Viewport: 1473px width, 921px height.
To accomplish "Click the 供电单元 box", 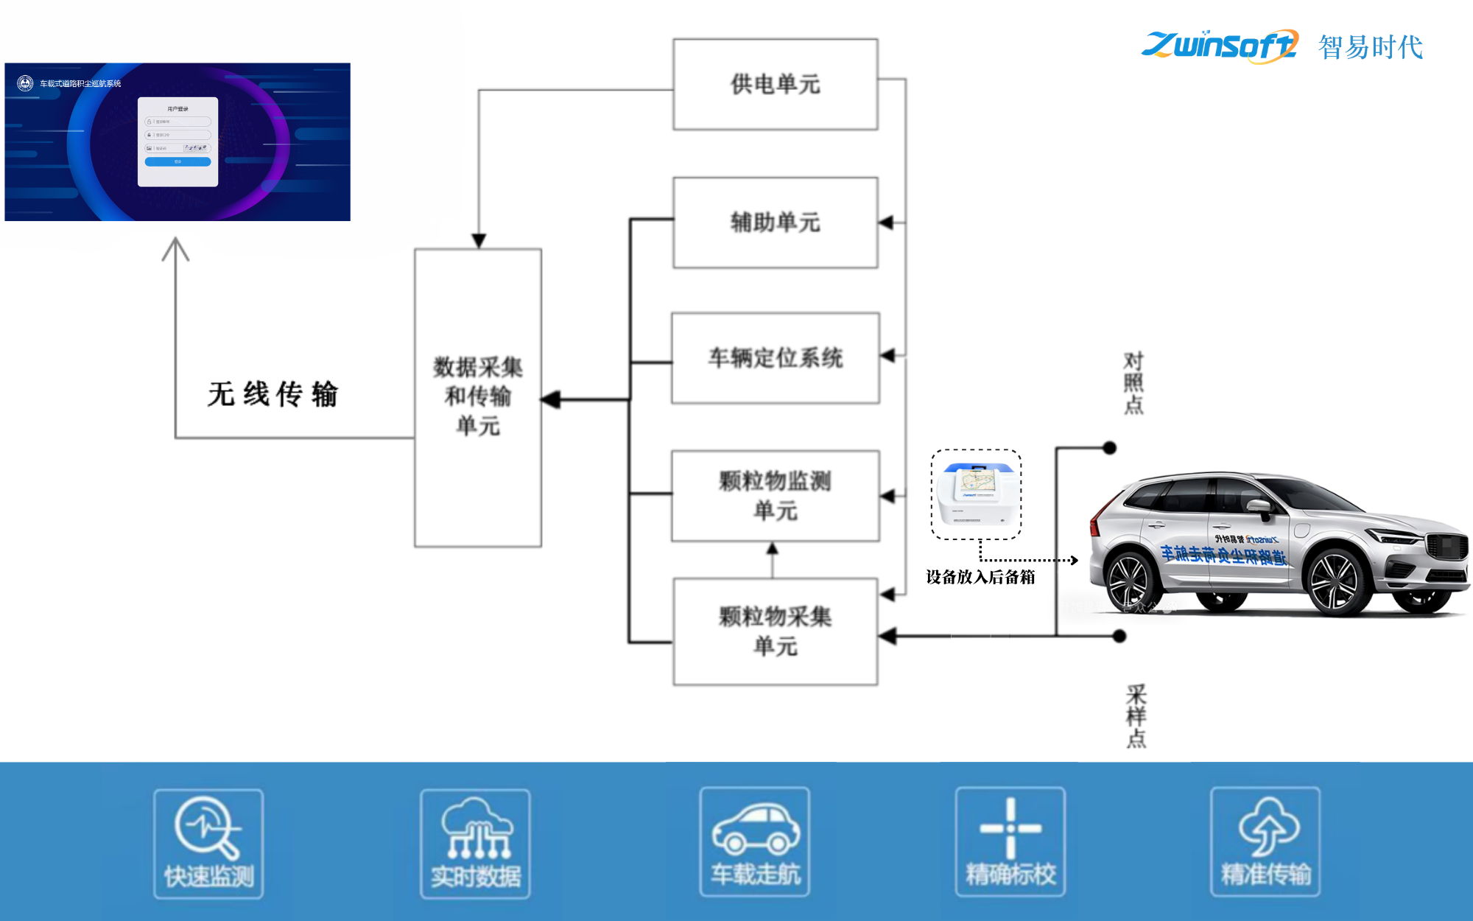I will point(775,84).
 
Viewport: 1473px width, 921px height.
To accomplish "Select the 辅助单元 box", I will point(775,222).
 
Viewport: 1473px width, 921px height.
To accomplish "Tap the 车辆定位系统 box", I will point(775,358).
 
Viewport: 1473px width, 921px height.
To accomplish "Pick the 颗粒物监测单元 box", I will point(775,495).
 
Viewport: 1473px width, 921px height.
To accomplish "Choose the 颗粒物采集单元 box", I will point(775,631).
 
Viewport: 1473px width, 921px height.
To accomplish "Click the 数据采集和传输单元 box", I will point(478,397).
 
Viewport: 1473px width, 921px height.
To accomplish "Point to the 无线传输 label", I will point(273,394).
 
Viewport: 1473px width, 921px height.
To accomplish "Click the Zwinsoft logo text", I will point(1219,46).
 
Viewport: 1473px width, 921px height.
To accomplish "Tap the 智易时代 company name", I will point(1370,47).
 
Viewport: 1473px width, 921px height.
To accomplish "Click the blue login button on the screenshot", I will point(177,161).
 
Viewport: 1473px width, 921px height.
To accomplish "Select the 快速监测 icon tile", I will point(208,844).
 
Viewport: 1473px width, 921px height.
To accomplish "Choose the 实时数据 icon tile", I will point(475,844).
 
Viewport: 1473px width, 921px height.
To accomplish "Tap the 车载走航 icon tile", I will point(755,842).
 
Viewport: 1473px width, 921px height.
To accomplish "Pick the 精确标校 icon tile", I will point(1010,842).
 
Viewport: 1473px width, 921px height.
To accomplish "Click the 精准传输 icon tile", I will point(1265,842).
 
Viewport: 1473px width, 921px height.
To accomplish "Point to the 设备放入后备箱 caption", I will point(980,577).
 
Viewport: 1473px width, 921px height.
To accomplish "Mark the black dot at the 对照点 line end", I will point(1110,447).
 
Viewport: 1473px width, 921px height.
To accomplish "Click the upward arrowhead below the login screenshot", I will point(175,248).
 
